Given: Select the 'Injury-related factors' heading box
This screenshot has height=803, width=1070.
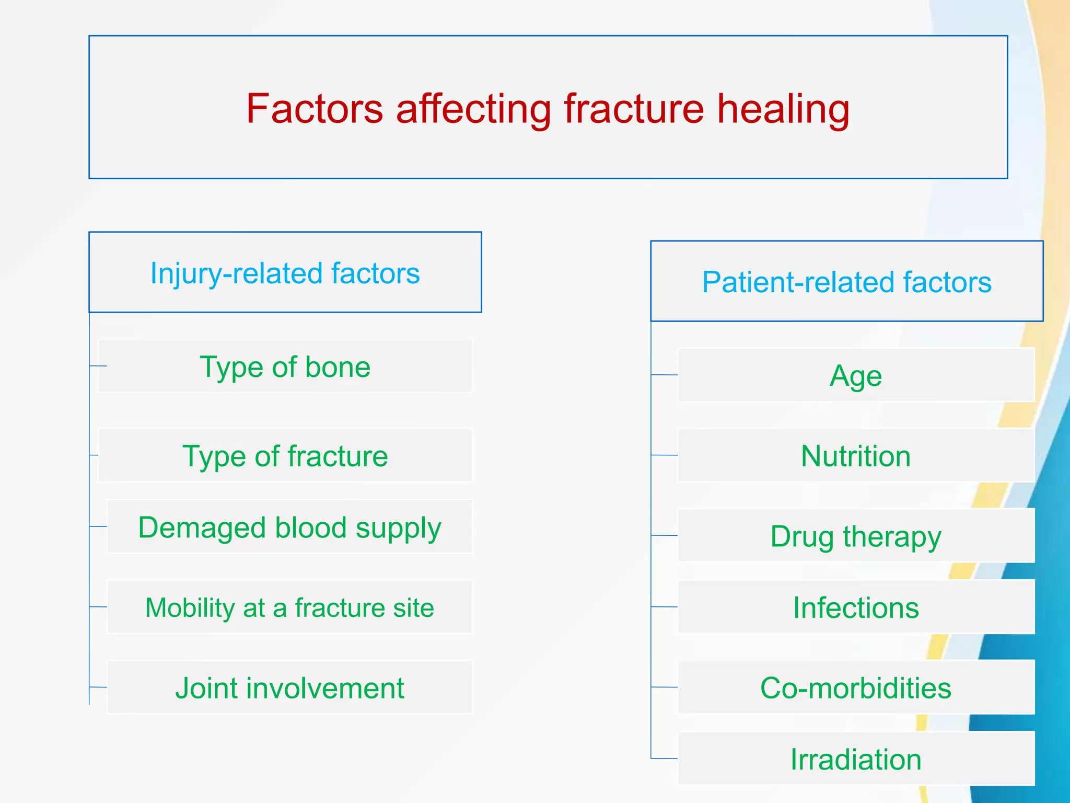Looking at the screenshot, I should point(285,273).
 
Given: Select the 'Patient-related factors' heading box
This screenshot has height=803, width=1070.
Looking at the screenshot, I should point(846,282).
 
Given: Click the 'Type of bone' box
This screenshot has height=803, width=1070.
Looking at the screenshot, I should point(285,366).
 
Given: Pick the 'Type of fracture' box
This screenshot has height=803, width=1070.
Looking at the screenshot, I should point(285,456).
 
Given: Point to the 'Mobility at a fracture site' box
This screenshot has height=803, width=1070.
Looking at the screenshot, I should point(289,607).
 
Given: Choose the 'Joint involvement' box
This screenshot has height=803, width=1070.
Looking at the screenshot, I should point(289,688).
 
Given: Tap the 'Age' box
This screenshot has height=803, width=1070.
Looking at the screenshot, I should point(856,375).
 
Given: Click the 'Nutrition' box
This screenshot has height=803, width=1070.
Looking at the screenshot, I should point(856,456).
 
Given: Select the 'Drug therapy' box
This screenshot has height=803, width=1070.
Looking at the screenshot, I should point(856,536).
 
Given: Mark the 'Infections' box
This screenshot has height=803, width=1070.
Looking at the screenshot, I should point(856,607).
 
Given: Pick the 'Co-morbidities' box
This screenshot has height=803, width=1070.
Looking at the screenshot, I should point(856,688).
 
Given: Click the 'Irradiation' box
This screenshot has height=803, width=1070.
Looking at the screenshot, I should point(856,759).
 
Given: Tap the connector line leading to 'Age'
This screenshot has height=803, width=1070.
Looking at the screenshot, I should point(665,375).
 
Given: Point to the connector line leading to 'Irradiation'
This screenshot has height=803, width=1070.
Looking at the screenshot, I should point(665,758).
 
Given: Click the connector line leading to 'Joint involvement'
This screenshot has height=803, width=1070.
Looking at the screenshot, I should point(98,687).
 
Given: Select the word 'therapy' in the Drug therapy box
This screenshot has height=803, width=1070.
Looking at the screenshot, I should point(892,537).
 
